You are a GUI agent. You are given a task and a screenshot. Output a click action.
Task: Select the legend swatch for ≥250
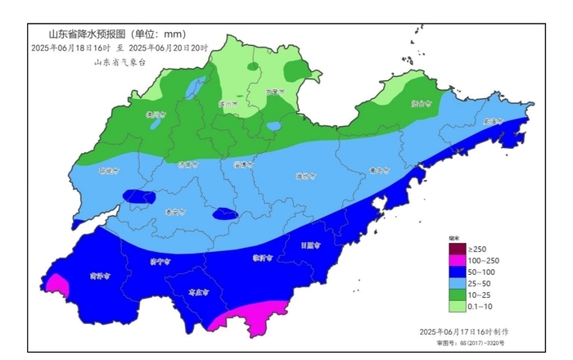[456, 249]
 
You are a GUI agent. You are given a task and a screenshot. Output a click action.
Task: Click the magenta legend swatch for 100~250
[456, 260]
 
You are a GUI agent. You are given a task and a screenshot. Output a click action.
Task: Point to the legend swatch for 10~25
[456, 295]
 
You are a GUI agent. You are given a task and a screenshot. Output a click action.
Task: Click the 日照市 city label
[309, 245]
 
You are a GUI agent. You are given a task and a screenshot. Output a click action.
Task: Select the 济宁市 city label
[160, 263]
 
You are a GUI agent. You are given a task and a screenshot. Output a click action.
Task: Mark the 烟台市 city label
[420, 104]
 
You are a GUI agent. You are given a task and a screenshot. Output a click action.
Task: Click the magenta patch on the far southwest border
[57, 285]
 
